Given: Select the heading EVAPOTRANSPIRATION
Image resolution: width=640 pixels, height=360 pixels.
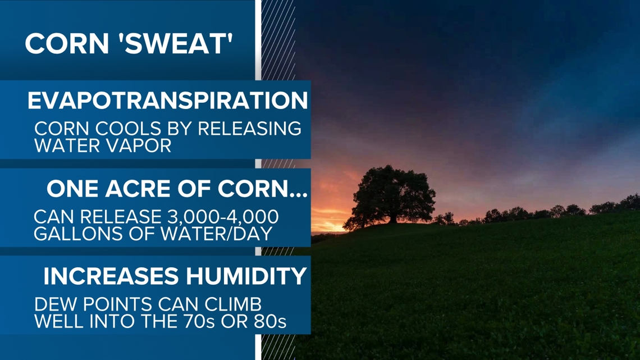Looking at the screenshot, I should point(168,101).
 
